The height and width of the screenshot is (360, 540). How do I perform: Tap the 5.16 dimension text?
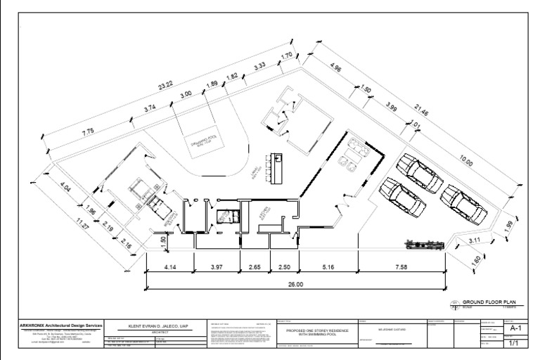328,266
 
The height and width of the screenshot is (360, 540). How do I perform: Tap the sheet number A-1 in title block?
515,328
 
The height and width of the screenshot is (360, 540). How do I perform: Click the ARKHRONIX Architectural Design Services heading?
60,326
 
